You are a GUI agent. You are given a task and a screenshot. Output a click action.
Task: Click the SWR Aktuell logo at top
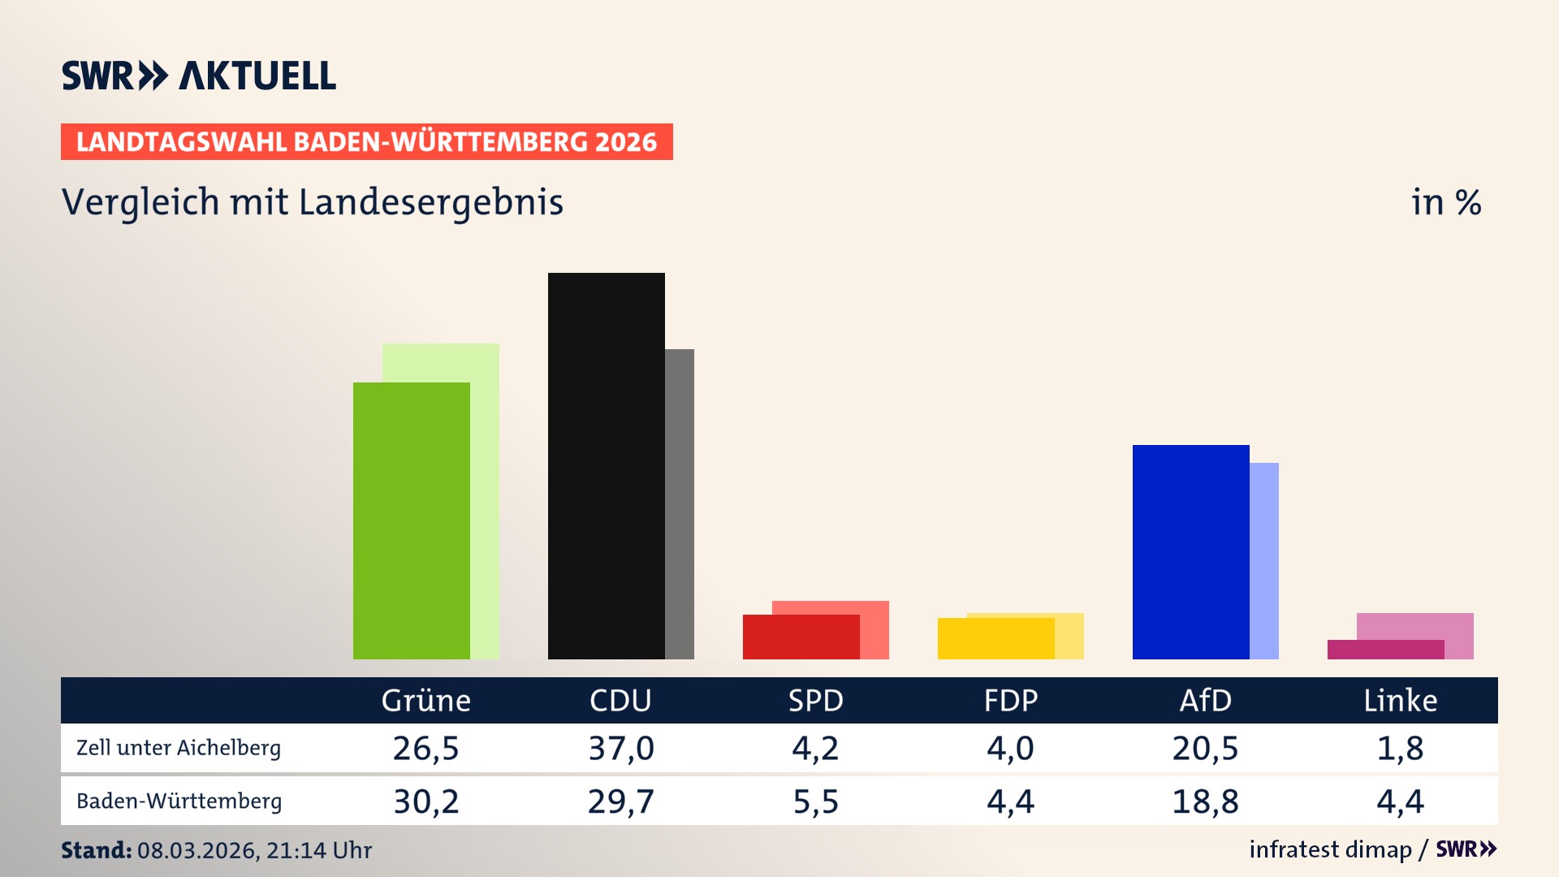click(x=198, y=76)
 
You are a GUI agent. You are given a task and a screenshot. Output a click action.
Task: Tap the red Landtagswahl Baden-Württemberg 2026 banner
click(x=366, y=142)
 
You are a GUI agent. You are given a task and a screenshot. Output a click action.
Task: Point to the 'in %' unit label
click(x=1445, y=203)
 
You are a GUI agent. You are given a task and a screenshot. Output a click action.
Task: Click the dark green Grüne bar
click(x=411, y=521)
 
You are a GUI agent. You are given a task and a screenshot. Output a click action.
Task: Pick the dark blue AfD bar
click(x=1190, y=552)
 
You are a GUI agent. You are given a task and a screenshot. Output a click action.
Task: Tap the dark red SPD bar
click(x=801, y=637)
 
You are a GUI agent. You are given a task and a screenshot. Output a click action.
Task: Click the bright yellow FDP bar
click(x=995, y=639)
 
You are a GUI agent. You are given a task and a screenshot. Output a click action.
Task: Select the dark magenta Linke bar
click(x=1385, y=650)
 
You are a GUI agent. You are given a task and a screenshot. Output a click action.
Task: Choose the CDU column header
click(x=620, y=701)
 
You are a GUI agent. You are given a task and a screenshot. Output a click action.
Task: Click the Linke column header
click(x=1400, y=701)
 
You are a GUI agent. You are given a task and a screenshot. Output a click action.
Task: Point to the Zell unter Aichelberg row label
click(x=179, y=748)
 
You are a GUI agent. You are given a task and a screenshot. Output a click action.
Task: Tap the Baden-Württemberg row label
click(x=179, y=801)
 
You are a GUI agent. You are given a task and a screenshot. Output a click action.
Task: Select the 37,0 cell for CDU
click(x=621, y=748)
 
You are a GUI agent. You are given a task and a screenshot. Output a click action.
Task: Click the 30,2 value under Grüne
click(x=426, y=801)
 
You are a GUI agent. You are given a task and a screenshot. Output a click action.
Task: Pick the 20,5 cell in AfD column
click(x=1205, y=748)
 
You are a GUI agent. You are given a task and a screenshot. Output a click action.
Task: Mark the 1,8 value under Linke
click(x=1400, y=748)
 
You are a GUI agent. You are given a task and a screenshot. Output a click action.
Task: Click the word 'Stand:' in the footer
click(x=96, y=850)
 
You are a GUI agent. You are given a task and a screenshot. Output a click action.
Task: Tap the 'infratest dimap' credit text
click(x=1330, y=849)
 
